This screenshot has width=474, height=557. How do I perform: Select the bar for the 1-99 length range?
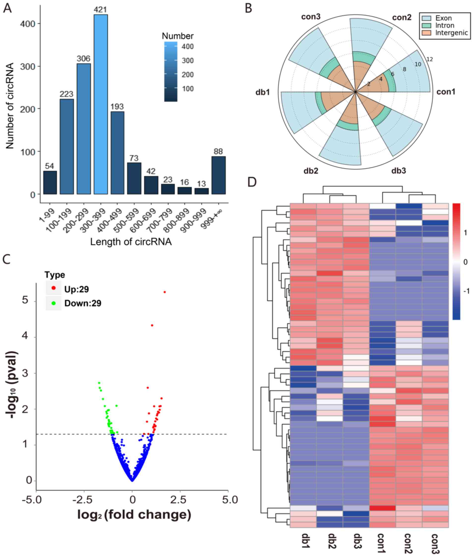(x=50, y=182)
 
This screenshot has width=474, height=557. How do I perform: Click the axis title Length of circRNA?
(x=131, y=242)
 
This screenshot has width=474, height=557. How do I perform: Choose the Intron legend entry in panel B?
(x=445, y=26)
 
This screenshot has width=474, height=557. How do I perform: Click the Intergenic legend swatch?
(x=426, y=33)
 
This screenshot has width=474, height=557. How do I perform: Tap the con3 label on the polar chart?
(x=311, y=17)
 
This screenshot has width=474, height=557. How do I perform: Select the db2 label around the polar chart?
(x=311, y=171)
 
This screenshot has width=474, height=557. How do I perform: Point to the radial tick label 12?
(x=430, y=59)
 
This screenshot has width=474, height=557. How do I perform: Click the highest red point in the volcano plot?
(x=165, y=292)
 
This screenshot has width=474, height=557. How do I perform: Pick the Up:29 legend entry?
(x=76, y=289)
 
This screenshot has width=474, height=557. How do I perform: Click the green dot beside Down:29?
(x=54, y=303)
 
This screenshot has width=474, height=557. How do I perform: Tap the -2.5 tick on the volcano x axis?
(x=84, y=500)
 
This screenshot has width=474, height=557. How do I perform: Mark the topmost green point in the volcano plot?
(x=99, y=383)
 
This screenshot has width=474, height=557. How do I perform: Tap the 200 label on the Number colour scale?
(x=188, y=75)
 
